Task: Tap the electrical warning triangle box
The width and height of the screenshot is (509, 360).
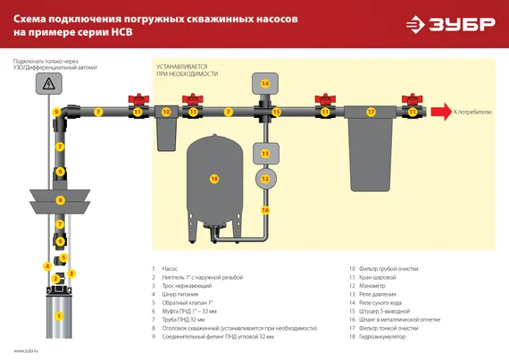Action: coord(46,83)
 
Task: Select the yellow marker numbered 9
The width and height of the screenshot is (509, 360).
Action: coord(55,112)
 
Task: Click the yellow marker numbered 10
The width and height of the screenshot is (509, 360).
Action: coord(166,112)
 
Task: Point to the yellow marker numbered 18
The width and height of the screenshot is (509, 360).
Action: coord(213,179)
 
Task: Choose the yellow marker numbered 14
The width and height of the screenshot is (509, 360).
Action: coord(264,83)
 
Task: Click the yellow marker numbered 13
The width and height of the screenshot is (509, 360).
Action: coord(264,154)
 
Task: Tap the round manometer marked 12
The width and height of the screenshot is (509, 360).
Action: coord(264,179)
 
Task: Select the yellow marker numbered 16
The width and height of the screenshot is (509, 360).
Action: coord(264,210)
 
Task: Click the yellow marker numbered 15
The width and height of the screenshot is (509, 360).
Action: coord(277,112)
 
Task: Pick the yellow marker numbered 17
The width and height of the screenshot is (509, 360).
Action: coord(371,112)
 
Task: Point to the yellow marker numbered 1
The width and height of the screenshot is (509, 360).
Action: coord(59,315)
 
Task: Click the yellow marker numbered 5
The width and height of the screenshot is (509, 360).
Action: coord(63,257)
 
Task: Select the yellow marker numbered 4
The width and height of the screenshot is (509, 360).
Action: coord(46,266)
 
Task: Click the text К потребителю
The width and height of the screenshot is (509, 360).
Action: coord(473,113)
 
